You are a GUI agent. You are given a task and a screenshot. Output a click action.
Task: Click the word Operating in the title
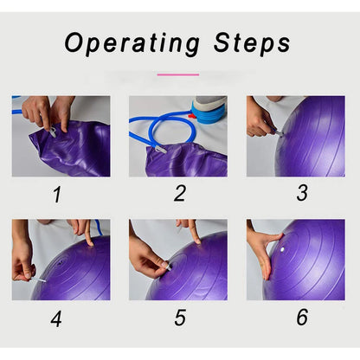pos(132,44)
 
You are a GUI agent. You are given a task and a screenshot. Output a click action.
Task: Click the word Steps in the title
pos(252,43)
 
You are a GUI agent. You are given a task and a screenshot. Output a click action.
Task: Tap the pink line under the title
pos(178,74)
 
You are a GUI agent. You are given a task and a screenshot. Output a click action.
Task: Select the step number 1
pos(57,195)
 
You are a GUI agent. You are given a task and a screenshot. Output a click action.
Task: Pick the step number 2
pos(180,193)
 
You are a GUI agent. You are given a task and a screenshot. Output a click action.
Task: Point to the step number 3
pos(302,193)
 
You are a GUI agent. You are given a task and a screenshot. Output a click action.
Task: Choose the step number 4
pos(56,318)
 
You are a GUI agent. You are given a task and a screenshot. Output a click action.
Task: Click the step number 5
pos(180,318)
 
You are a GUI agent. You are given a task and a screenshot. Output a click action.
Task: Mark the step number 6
pos(302,317)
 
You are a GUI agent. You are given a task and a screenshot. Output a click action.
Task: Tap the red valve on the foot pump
pos(192,116)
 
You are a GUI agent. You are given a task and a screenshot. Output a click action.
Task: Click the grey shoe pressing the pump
pos(210,102)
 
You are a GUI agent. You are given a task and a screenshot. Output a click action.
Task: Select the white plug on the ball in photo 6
pos(282,249)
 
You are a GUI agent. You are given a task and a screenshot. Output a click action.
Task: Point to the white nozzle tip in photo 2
pos(160,150)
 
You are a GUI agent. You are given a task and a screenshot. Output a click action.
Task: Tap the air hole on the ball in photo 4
pos(61,263)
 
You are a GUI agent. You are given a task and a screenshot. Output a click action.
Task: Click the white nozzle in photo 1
pos(52,132)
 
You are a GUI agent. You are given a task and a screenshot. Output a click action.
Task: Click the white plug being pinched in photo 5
pos(167,267)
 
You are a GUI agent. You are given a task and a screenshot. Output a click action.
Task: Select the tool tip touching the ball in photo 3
pos(280,132)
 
